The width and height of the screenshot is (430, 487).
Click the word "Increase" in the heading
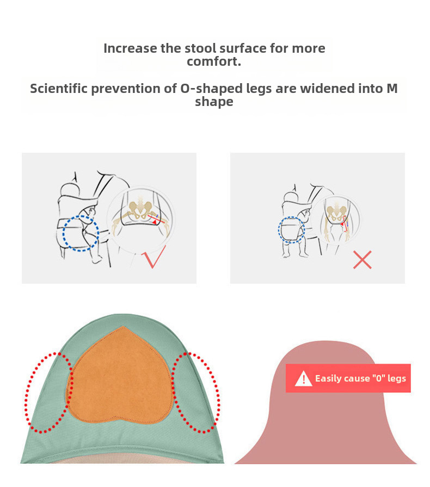(130, 48)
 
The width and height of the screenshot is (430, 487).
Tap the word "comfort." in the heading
(214, 61)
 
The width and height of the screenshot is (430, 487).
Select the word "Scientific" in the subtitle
(59, 88)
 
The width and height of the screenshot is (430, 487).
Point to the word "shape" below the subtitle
(214, 102)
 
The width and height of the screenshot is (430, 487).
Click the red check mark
(155, 258)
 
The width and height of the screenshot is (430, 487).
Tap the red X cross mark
(362, 260)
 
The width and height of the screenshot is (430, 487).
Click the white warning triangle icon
(303, 379)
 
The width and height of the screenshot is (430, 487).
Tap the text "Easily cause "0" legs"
(360, 378)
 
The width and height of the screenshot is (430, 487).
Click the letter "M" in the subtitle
(392, 88)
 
